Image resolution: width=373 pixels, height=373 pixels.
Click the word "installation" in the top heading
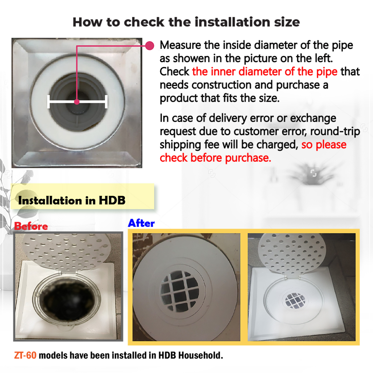pyautogui.click(x=233, y=22)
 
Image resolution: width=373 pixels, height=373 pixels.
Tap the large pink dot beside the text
pyautogui.click(x=150, y=46)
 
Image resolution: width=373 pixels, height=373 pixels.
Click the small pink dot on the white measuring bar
pyautogui.click(x=76, y=102)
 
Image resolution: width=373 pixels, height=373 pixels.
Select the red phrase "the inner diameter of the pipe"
pyautogui.click(x=265, y=72)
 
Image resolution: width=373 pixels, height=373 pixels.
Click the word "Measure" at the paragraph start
pyautogui.click(x=180, y=45)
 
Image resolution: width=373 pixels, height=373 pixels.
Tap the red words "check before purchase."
pyautogui.click(x=215, y=158)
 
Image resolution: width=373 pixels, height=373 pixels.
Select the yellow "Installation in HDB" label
pyautogui.click(x=82, y=196)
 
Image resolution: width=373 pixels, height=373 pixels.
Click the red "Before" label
pyautogui.click(x=31, y=226)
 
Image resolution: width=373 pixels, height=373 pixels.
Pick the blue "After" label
pyautogui.click(x=141, y=223)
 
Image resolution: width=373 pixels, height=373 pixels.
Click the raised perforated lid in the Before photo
pyautogui.click(x=67, y=252)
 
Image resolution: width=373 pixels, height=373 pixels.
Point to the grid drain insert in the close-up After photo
pyautogui.click(x=180, y=291)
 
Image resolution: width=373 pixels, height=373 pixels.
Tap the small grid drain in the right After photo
pyautogui.click(x=295, y=301)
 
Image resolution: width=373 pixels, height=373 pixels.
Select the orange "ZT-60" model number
pyautogui.click(x=25, y=356)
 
